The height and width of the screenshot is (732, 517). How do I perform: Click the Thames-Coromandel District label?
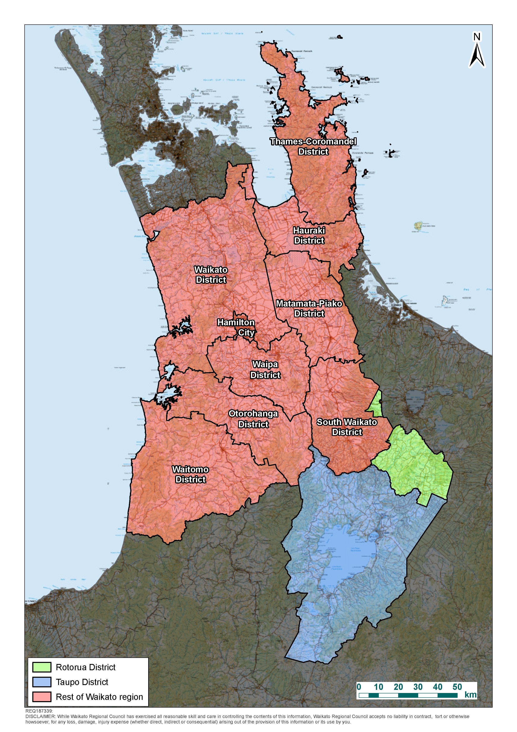(x=313, y=146)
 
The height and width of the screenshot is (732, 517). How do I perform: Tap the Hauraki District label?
(x=309, y=235)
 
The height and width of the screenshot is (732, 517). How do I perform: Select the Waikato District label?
(x=211, y=275)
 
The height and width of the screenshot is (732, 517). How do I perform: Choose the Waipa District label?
(x=265, y=370)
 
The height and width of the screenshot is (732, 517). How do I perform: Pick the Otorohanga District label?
(x=253, y=419)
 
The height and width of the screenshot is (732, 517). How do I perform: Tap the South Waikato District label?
(x=347, y=427)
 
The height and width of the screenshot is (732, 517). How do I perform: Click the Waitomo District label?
(x=191, y=474)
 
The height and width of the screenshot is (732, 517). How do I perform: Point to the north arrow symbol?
(x=477, y=56)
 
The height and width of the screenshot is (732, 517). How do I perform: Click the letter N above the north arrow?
(x=477, y=37)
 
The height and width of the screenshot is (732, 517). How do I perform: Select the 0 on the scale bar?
(x=359, y=687)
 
